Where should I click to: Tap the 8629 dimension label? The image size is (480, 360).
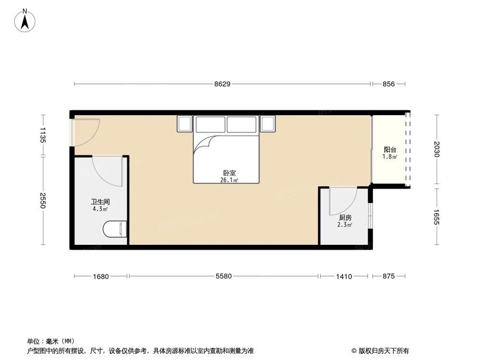click(222, 84)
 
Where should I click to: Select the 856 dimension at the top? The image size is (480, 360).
click(388, 84)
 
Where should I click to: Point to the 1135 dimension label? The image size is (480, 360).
click(42, 135)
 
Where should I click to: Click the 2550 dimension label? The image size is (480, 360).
click(42, 200)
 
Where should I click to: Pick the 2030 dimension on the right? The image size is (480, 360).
click(437, 149)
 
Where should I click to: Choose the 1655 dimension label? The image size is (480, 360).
click(437, 216)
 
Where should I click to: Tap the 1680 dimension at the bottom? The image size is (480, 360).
click(101, 276)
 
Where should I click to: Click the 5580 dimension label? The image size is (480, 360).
click(224, 276)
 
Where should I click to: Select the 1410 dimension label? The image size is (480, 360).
click(344, 276)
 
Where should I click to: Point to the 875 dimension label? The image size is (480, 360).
click(388, 276)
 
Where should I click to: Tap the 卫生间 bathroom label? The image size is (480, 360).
click(100, 203)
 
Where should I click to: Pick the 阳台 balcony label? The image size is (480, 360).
click(390, 150)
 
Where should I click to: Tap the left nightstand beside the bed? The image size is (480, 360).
click(185, 124)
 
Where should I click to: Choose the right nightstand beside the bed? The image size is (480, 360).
click(267, 124)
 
